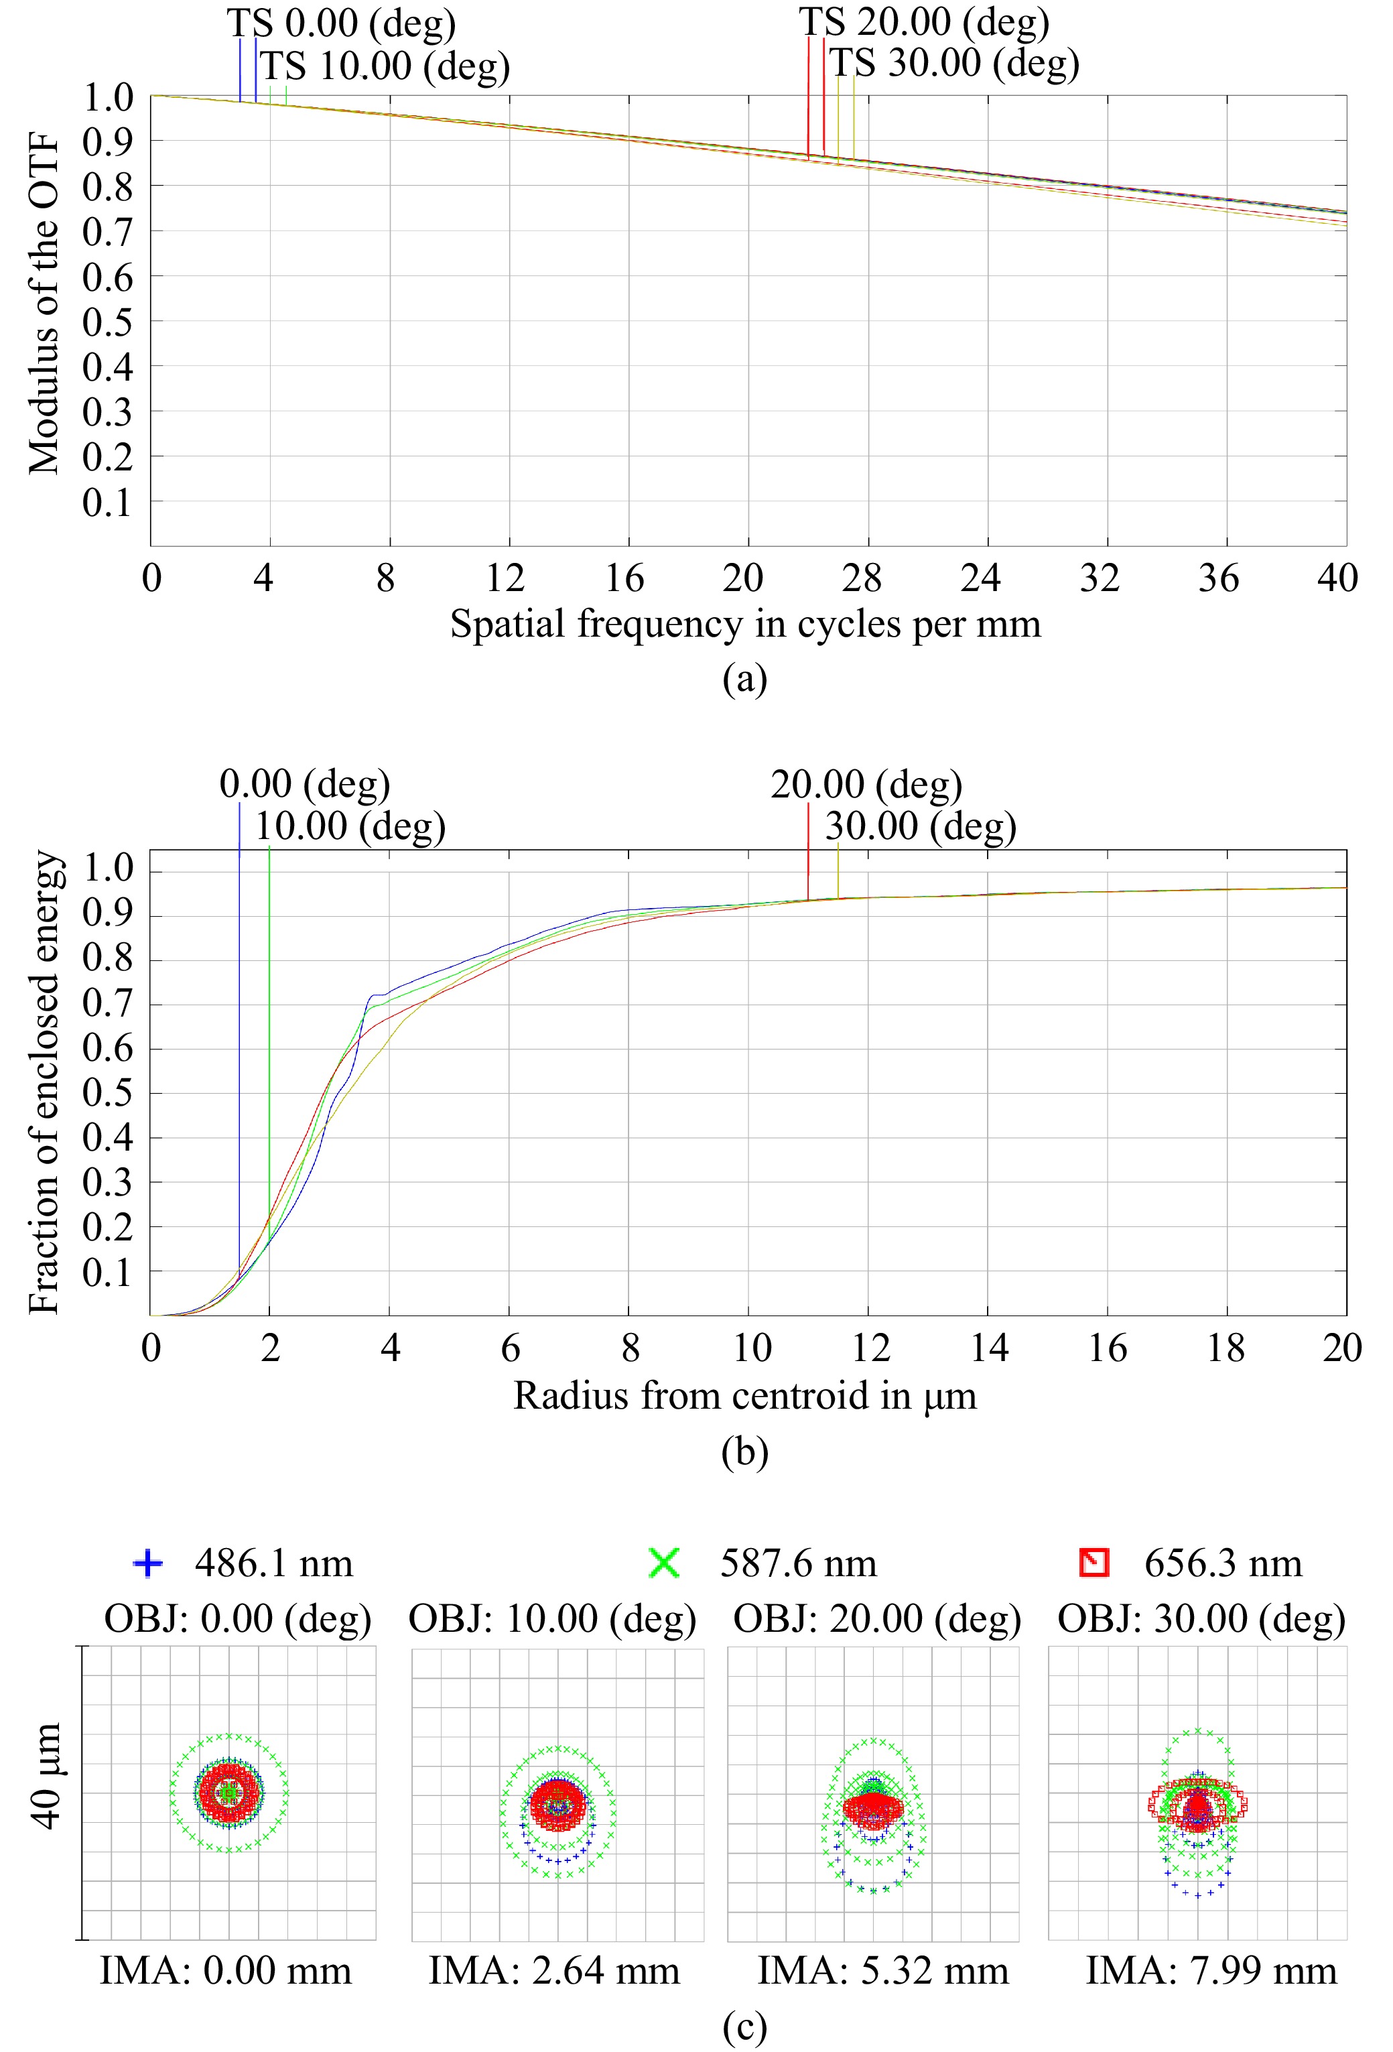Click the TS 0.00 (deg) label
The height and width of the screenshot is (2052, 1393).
pyautogui.click(x=342, y=24)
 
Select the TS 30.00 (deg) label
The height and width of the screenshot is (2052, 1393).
pyautogui.click(x=954, y=64)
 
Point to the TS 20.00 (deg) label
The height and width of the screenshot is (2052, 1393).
pyautogui.click(x=924, y=22)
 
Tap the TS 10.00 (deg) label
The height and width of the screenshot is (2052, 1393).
pyautogui.click(x=385, y=66)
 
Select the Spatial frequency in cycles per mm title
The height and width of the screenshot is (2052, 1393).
pyautogui.click(x=745, y=625)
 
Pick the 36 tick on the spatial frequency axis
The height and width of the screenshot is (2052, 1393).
pyautogui.click(x=1219, y=578)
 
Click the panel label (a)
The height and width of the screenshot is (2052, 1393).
pyautogui.click(x=744, y=679)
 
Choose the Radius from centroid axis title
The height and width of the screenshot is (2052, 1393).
pyautogui.click(x=745, y=1396)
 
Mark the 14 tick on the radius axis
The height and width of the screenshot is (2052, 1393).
pyautogui.click(x=990, y=1348)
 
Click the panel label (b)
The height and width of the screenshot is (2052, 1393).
pyautogui.click(x=744, y=1452)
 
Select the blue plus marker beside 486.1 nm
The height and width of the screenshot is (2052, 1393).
pyautogui.click(x=147, y=1563)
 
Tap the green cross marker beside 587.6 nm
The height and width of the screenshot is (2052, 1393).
pyautogui.click(x=663, y=1563)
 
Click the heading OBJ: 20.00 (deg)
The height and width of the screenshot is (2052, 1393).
pyautogui.click(x=876, y=1618)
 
